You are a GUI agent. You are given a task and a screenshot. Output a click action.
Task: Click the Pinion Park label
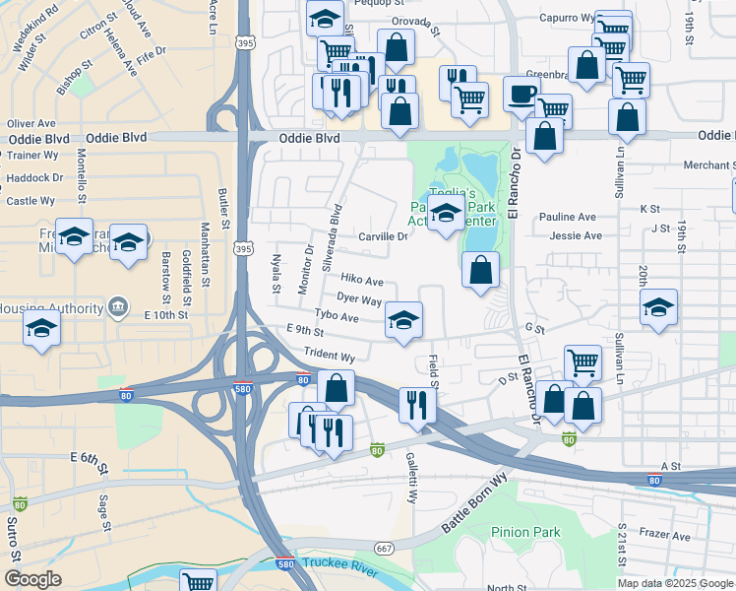coord(525,532)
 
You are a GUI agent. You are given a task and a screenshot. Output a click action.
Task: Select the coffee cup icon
coord(521,96)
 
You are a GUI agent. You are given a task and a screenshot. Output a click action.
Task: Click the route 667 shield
coord(384,548)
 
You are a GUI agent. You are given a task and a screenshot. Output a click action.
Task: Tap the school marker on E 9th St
coord(403,321)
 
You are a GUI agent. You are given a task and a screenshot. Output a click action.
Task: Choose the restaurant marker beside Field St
coord(417,404)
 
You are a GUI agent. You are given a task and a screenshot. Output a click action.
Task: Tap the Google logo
coord(32,579)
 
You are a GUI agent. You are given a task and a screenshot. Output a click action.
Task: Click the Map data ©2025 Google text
coord(675,583)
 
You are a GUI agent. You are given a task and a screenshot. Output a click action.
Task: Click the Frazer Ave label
coord(668,537)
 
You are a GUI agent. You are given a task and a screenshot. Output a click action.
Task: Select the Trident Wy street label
coord(330,356)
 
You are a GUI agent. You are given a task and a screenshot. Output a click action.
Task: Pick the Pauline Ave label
coord(567,217)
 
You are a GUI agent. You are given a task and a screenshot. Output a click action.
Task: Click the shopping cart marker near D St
coord(583,362)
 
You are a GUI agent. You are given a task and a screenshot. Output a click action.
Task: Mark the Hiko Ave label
coord(361,282)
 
